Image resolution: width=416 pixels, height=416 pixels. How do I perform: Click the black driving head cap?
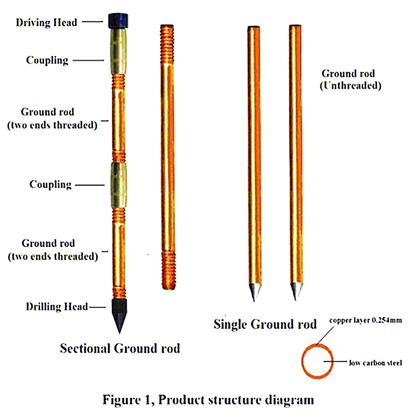118,21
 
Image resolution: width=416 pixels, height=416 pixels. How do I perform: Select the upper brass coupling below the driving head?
119,51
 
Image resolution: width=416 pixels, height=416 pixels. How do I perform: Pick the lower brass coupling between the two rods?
119,185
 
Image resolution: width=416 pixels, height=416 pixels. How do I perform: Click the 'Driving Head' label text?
46,22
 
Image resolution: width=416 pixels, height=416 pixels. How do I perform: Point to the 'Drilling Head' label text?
57,307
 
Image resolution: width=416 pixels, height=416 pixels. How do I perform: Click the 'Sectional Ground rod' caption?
120,348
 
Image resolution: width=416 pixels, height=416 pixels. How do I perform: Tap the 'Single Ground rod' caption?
265,324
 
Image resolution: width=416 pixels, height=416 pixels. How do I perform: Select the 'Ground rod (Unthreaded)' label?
350,80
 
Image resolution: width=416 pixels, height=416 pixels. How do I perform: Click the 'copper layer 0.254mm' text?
366,320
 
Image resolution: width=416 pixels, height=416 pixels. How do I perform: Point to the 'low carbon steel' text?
375,362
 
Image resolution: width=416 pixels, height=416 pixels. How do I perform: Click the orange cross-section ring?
302,361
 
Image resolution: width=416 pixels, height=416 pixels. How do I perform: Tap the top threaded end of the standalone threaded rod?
167,44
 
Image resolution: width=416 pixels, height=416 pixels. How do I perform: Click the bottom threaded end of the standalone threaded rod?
168,270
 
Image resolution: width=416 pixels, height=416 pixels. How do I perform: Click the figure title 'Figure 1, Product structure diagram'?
209,400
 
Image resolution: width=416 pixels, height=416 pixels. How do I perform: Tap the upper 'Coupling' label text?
47,60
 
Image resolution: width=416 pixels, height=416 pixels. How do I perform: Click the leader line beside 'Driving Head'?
93,21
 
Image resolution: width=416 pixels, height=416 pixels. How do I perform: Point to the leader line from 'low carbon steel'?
335,361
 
